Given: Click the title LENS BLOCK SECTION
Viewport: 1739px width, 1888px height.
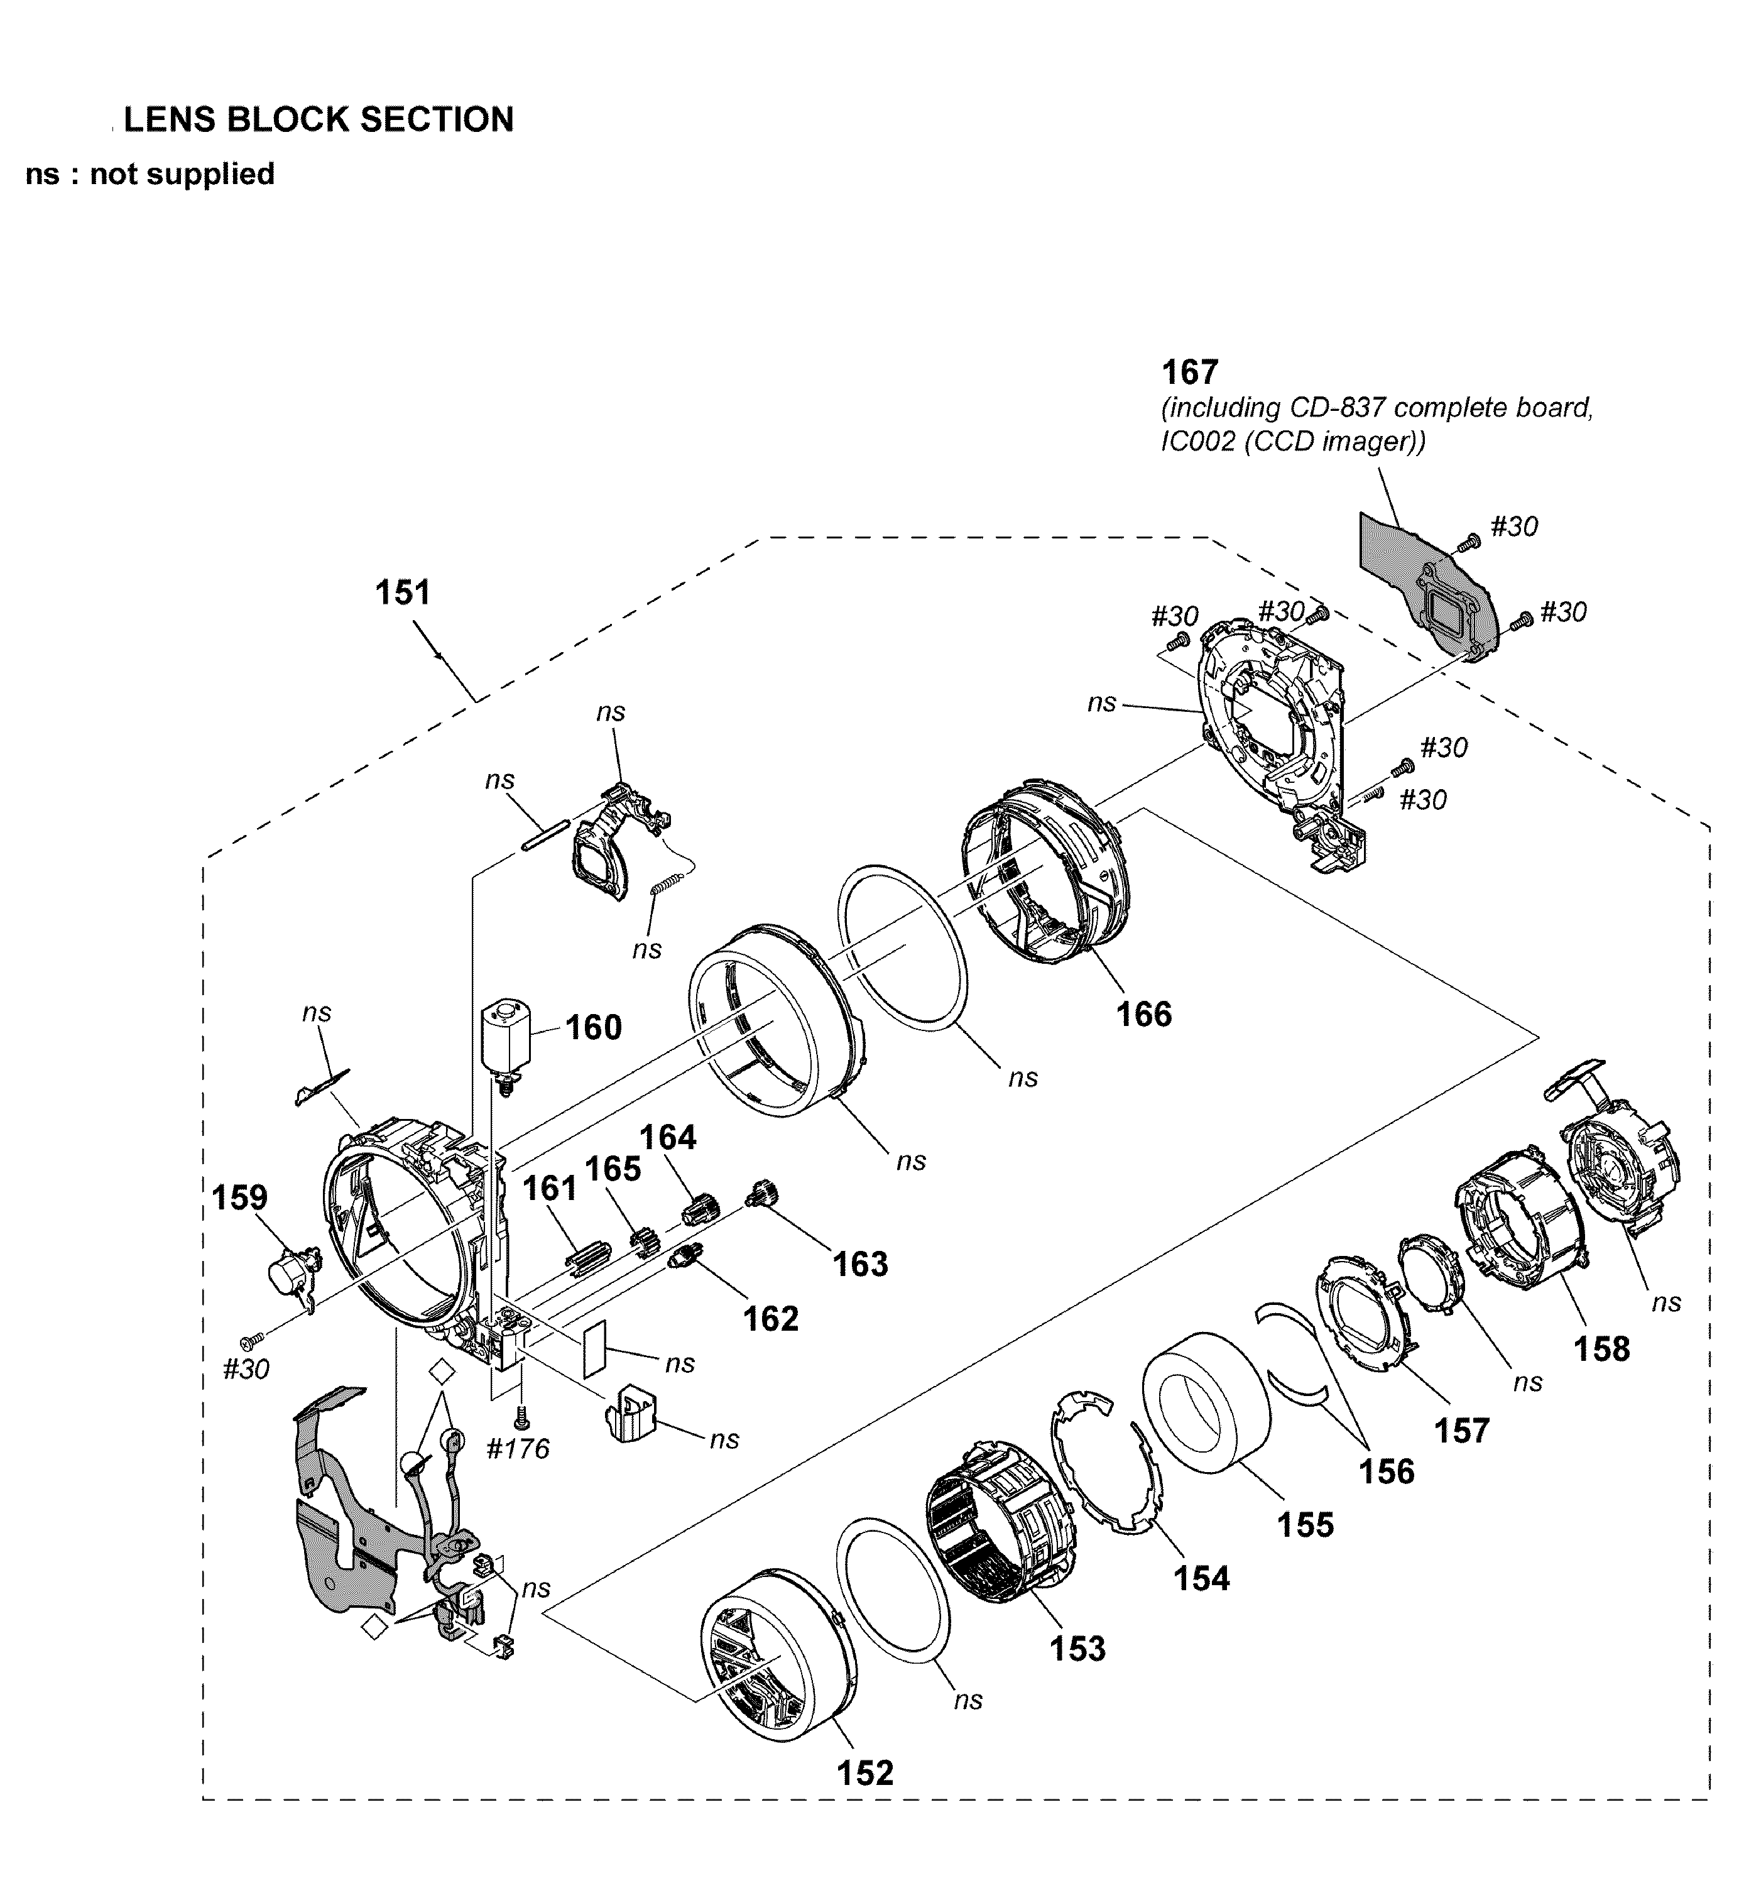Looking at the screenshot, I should point(319,119).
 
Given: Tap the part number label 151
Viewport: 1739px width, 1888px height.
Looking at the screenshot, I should point(403,593).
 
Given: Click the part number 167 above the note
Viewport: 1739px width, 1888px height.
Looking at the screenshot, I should point(1189,373).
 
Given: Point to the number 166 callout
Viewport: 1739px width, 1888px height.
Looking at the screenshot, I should point(1143,1013).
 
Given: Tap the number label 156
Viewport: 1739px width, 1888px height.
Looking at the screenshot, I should point(1386,1470).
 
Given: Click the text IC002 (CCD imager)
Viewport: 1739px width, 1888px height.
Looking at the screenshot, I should point(1293,440).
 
